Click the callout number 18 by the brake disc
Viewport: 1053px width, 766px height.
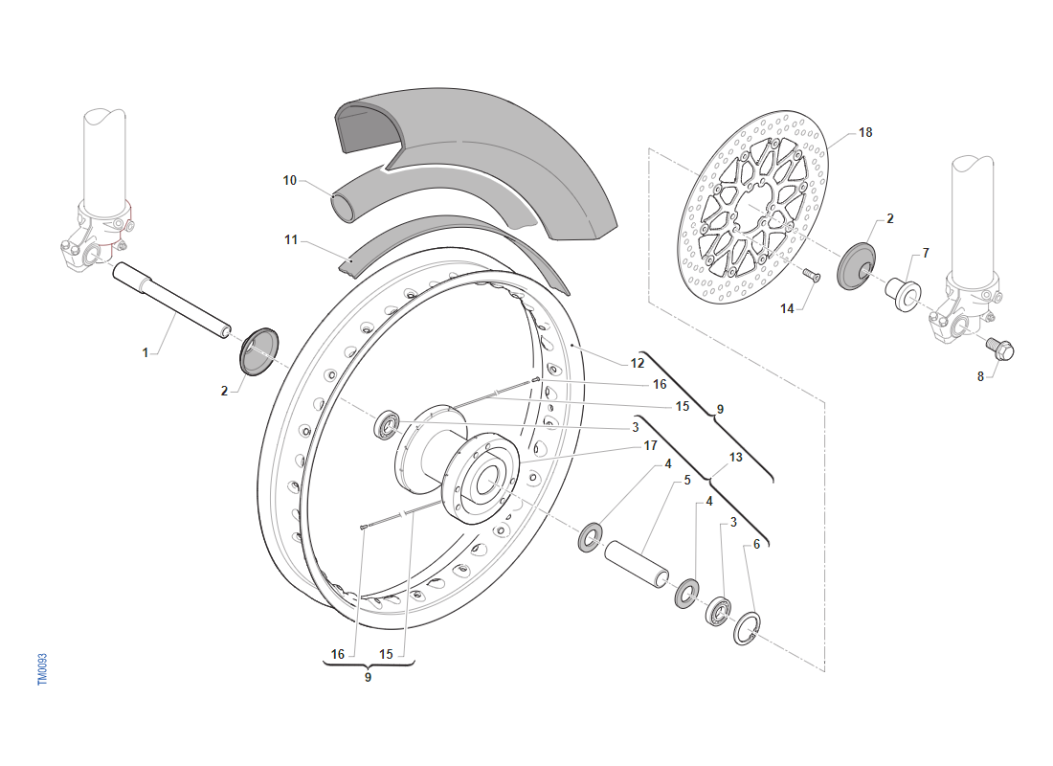pos(865,132)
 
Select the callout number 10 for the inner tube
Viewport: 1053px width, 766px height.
pos(291,179)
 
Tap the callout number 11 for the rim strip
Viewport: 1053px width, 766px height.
pos(291,239)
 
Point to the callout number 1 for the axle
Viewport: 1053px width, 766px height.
pos(146,352)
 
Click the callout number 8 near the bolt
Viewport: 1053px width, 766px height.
pos(980,376)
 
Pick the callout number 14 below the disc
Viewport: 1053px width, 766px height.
pos(787,308)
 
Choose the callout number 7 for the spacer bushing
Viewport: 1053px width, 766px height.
pos(926,253)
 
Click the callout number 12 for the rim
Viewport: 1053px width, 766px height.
pos(638,363)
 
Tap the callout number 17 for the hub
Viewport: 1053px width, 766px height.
pos(650,445)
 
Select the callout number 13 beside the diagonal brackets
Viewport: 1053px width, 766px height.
pos(735,458)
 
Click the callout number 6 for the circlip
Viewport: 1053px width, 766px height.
pos(756,544)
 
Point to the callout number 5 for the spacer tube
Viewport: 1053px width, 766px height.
pos(686,481)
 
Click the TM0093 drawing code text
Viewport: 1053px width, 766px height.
pos(42,669)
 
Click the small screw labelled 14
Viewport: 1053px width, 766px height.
pos(813,276)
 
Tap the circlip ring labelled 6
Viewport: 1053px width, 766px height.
pos(747,628)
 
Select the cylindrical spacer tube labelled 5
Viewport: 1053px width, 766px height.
pos(635,567)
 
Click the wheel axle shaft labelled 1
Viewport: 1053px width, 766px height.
pos(172,300)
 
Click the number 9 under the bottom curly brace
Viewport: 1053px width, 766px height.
pos(368,677)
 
